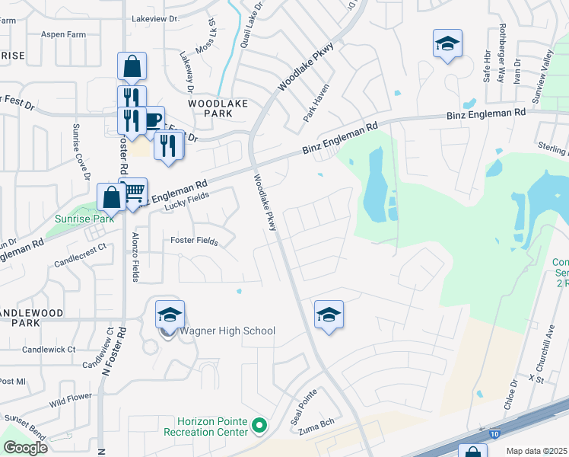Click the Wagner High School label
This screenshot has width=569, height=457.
(x=227, y=331)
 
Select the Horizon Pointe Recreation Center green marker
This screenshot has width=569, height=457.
(x=260, y=426)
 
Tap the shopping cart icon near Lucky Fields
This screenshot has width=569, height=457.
(x=135, y=193)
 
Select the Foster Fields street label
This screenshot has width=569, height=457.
(x=195, y=241)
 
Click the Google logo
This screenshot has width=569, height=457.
(x=25, y=447)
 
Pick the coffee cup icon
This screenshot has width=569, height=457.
(x=152, y=120)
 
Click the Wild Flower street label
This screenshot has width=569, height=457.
(x=72, y=400)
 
